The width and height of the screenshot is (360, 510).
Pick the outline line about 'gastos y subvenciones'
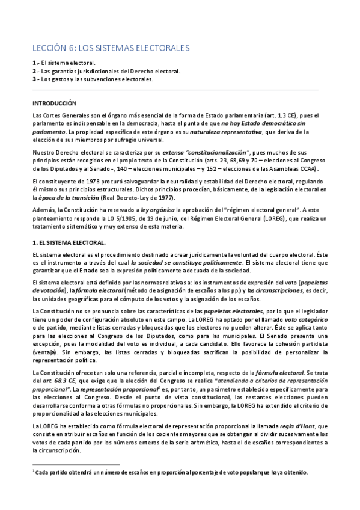[97, 79]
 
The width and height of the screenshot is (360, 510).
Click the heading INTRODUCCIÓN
[55, 103]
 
